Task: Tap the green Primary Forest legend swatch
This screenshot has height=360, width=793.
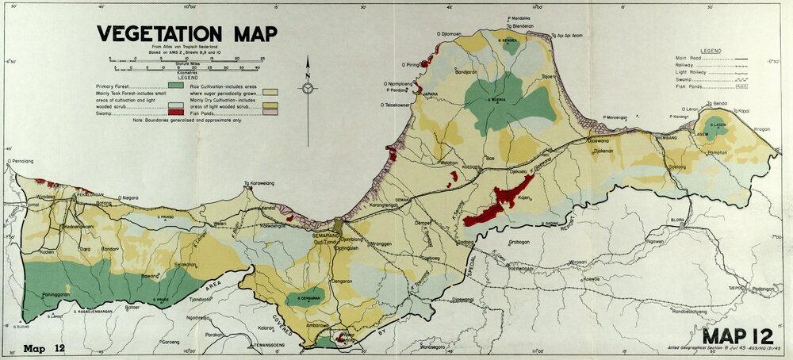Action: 176,86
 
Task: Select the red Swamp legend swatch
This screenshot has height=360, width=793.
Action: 176,113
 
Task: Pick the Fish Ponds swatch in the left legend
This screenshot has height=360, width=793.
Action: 274,113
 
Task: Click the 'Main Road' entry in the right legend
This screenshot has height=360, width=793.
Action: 691,58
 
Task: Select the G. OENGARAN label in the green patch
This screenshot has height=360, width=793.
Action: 305,298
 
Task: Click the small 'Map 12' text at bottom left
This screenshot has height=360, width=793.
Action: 44,348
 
